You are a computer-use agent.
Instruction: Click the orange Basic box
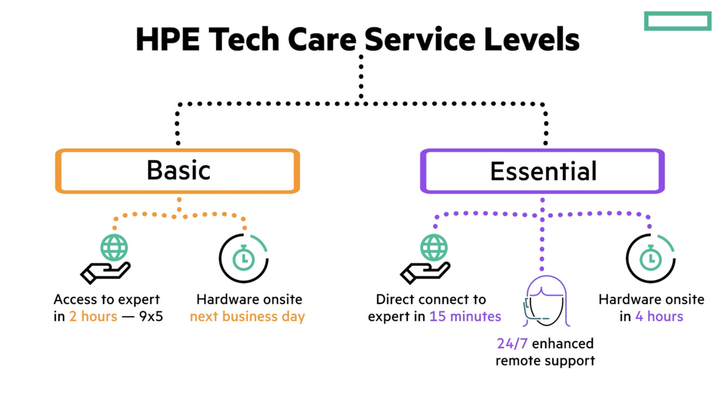point(177,171)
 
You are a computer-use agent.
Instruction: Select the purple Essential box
point(542,171)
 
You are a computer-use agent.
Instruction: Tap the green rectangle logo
point(678,21)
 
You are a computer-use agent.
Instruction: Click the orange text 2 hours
point(93,316)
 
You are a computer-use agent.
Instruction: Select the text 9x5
point(151,316)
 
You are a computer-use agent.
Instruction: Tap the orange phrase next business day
point(247,316)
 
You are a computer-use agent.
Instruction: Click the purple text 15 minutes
point(465,316)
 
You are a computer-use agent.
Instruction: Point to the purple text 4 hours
point(659,316)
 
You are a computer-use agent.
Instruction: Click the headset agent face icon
point(546,302)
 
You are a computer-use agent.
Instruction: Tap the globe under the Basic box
point(114,248)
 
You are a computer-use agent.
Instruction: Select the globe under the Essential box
point(434,248)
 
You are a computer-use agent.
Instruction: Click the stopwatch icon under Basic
point(243,258)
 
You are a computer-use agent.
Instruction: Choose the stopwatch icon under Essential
point(651,258)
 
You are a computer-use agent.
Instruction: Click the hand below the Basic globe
point(105,273)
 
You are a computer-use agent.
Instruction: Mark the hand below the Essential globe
point(425,273)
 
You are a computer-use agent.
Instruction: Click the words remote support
point(545,360)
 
